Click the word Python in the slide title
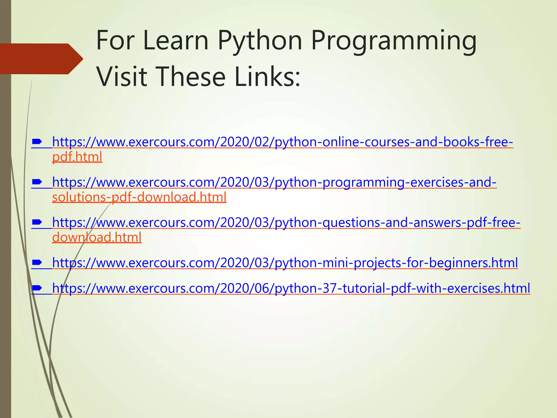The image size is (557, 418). [x=260, y=41]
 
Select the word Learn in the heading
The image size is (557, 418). [x=175, y=41]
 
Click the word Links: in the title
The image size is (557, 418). [x=267, y=77]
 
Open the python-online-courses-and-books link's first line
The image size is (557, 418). [x=283, y=142]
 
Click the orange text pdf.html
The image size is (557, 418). [x=77, y=157]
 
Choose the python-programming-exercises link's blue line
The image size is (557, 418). [x=274, y=182]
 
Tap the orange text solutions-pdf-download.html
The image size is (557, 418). [x=139, y=197]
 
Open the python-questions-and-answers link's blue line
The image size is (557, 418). [x=286, y=223]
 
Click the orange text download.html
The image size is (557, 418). [x=97, y=237]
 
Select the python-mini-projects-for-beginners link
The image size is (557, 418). [x=285, y=263]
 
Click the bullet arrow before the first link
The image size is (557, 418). [x=37, y=142]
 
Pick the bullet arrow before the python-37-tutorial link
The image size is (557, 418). [x=37, y=288]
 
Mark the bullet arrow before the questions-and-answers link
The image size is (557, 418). [x=37, y=222]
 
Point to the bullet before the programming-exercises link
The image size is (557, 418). [x=37, y=182]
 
